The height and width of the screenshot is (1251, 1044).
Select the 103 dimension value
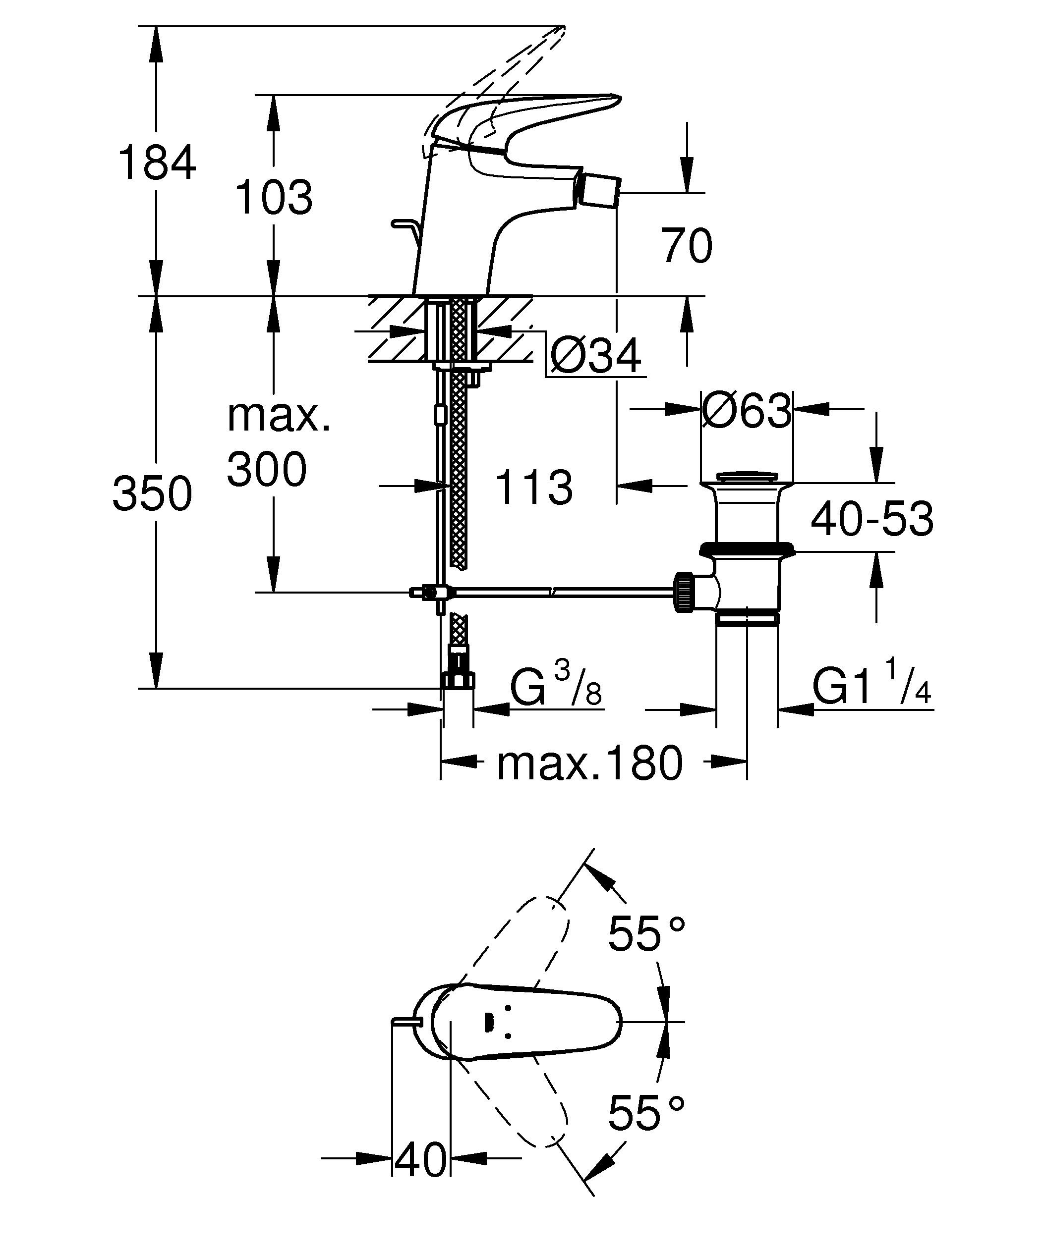(x=274, y=197)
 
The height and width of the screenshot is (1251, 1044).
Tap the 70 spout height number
(x=687, y=245)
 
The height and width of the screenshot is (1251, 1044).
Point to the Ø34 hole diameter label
(x=595, y=356)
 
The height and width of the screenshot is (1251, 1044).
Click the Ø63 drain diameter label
(x=747, y=410)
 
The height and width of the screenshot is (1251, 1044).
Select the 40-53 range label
(x=872, y=518)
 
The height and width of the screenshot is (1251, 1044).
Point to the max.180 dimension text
(x=590, y=763)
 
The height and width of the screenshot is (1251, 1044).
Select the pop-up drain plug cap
(x=747, y=477)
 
